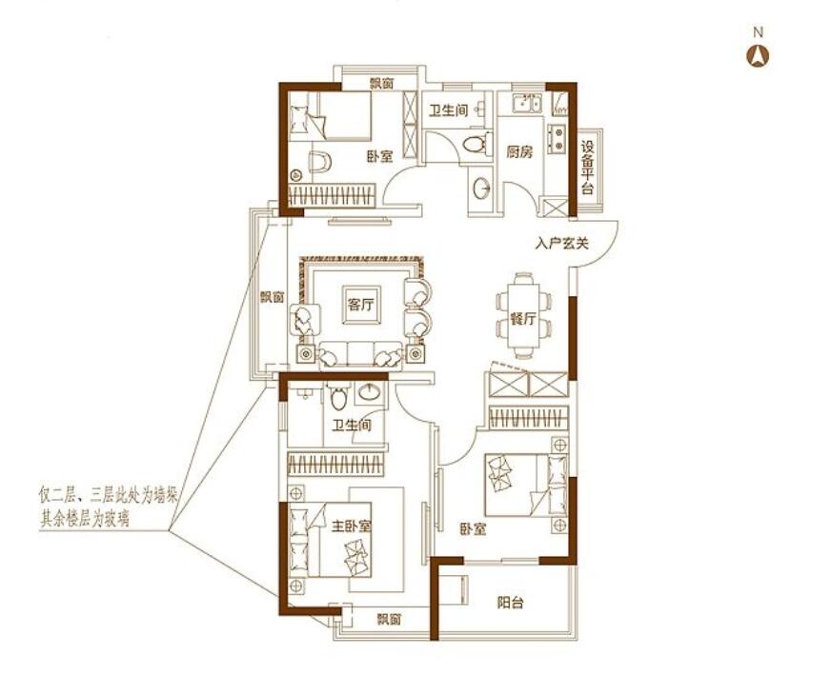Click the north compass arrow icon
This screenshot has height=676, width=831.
(x=758, y=55)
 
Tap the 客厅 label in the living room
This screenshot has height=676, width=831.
(x=361, y=305)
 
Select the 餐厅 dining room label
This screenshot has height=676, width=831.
(x=523, y=319)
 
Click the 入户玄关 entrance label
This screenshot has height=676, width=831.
(x=561, y=244)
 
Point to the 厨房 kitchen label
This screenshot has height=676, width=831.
(x=519, y=152)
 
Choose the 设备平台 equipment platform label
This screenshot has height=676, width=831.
(x=587, y=168)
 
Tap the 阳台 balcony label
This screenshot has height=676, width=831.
(x=511, y=603)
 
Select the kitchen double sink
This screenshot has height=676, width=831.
(x=527, y=104)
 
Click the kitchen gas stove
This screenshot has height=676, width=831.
(x=557, y=138)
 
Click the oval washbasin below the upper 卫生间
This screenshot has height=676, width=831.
(x=481, y=188)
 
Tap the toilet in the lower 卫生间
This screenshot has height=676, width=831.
(x=338, y=396)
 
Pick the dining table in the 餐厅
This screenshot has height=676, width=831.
(x=523, y=315)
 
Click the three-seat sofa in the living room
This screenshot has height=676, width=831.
(x=360, y=353)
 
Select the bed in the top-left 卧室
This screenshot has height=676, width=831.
(x=331, y=116)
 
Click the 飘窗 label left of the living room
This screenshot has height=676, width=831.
(x=273, y=297)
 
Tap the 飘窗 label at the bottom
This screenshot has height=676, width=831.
(x=389, y=619)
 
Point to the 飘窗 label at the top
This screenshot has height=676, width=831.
(x=381, y=84)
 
